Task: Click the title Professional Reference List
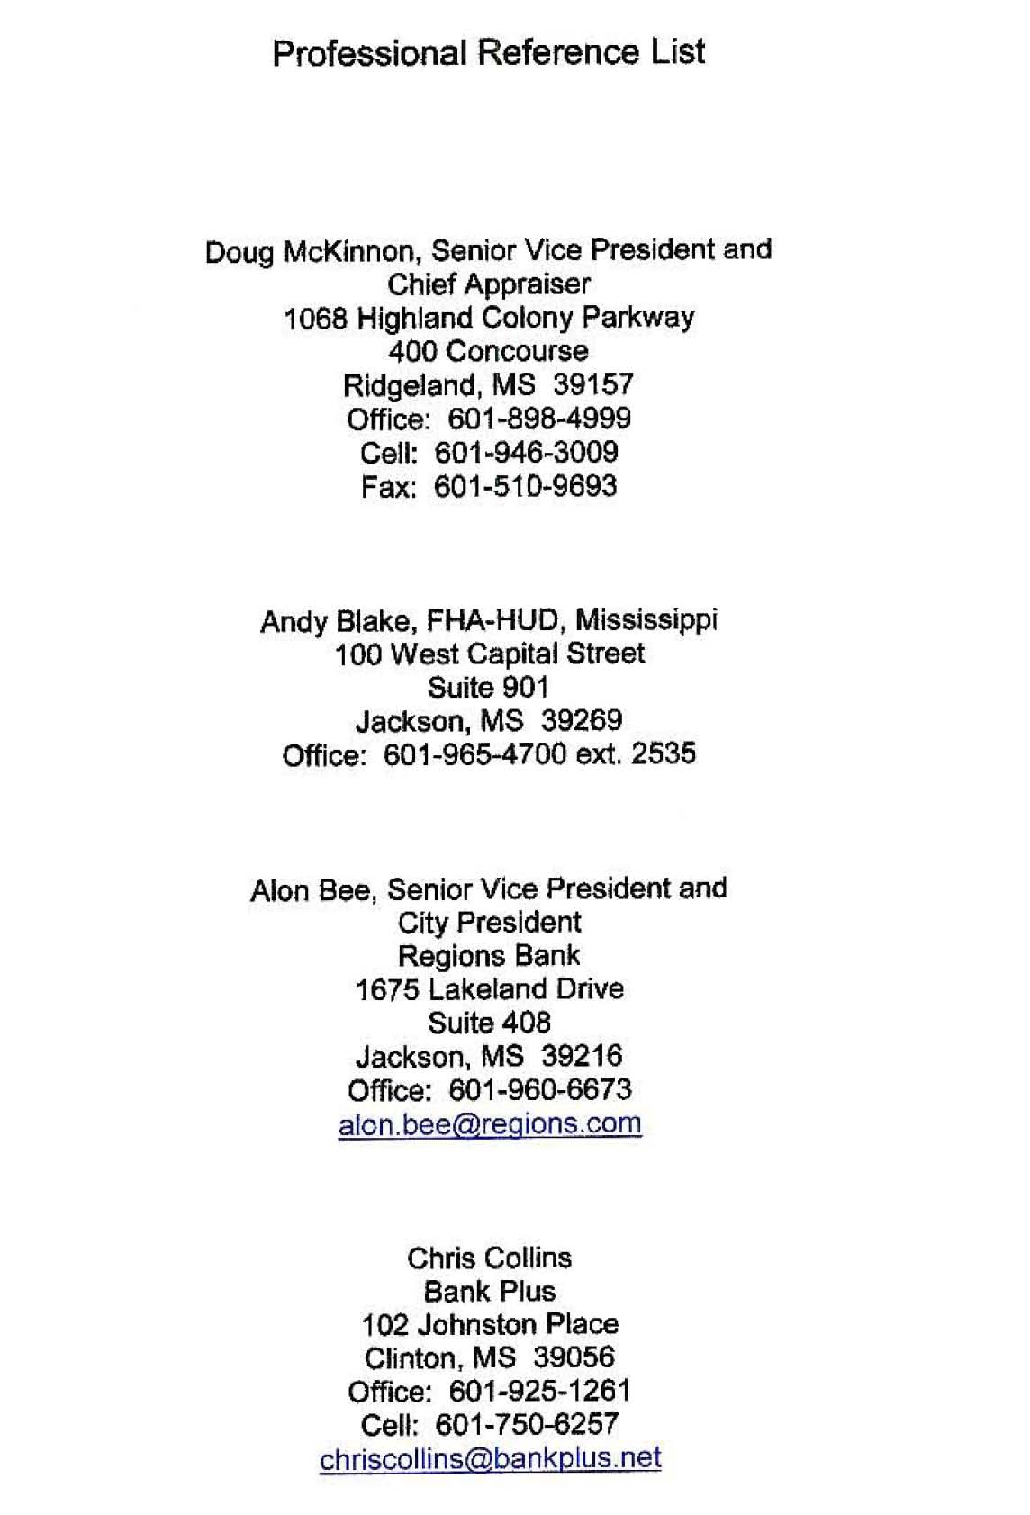[x=488, y=52]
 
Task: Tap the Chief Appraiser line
[x=488, y=284]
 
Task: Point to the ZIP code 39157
[x=593, y=385]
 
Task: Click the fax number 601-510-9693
[x=526, y=487]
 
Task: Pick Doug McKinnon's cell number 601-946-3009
[x=527, y=453]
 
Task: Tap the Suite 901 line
[x=488, y=688]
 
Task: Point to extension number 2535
[x=664, y=753]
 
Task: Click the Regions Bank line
[x=489, y=955]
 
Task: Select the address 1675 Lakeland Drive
[x=489, y=989]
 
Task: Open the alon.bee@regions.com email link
[x=490, y=1123]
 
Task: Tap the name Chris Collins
[x=489, y=1258]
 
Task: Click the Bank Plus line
[x=489, y=1291]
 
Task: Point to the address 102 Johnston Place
[x=489, y=1324]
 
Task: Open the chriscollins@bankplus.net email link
[x=490, y=1457]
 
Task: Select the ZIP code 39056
[x=574, y=1357]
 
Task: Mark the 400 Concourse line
[x=488, y=351]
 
